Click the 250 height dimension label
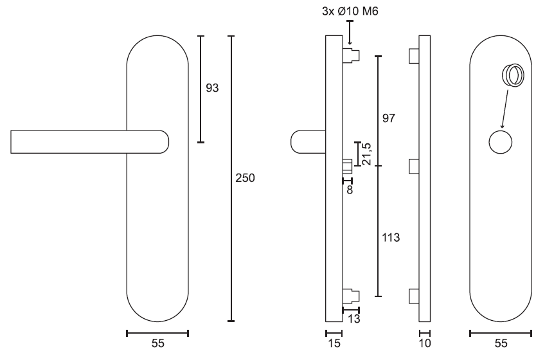[245, 178]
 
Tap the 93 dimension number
[212, 88]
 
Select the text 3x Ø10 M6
[350, 12]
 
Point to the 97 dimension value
[389, 118]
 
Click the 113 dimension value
[391, 238]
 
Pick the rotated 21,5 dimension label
[367, 154]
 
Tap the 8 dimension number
[350, 190]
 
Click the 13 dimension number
[354, 319]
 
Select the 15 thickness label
[334, 344]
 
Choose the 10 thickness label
[425, 344]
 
